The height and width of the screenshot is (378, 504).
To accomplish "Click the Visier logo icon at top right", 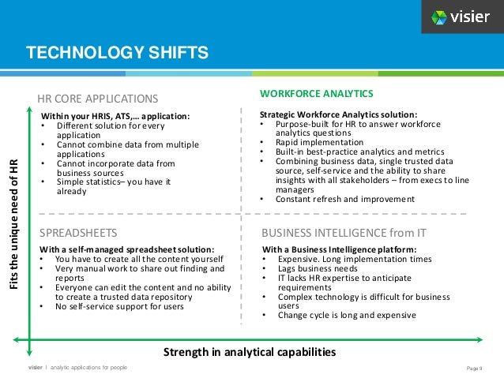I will [439, 17].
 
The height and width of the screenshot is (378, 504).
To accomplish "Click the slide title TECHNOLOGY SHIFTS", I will [117, 53].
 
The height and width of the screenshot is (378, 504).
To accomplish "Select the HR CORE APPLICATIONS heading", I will [99, 99].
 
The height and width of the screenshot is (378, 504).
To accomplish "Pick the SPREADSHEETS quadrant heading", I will [78, 233].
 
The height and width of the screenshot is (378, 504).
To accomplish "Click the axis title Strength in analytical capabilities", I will [247, 352].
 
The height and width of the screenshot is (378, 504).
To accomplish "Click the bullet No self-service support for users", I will [119, 305].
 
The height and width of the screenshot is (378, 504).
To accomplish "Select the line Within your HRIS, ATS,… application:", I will [115, 115].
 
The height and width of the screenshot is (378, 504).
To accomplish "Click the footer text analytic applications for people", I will [88, 369].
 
